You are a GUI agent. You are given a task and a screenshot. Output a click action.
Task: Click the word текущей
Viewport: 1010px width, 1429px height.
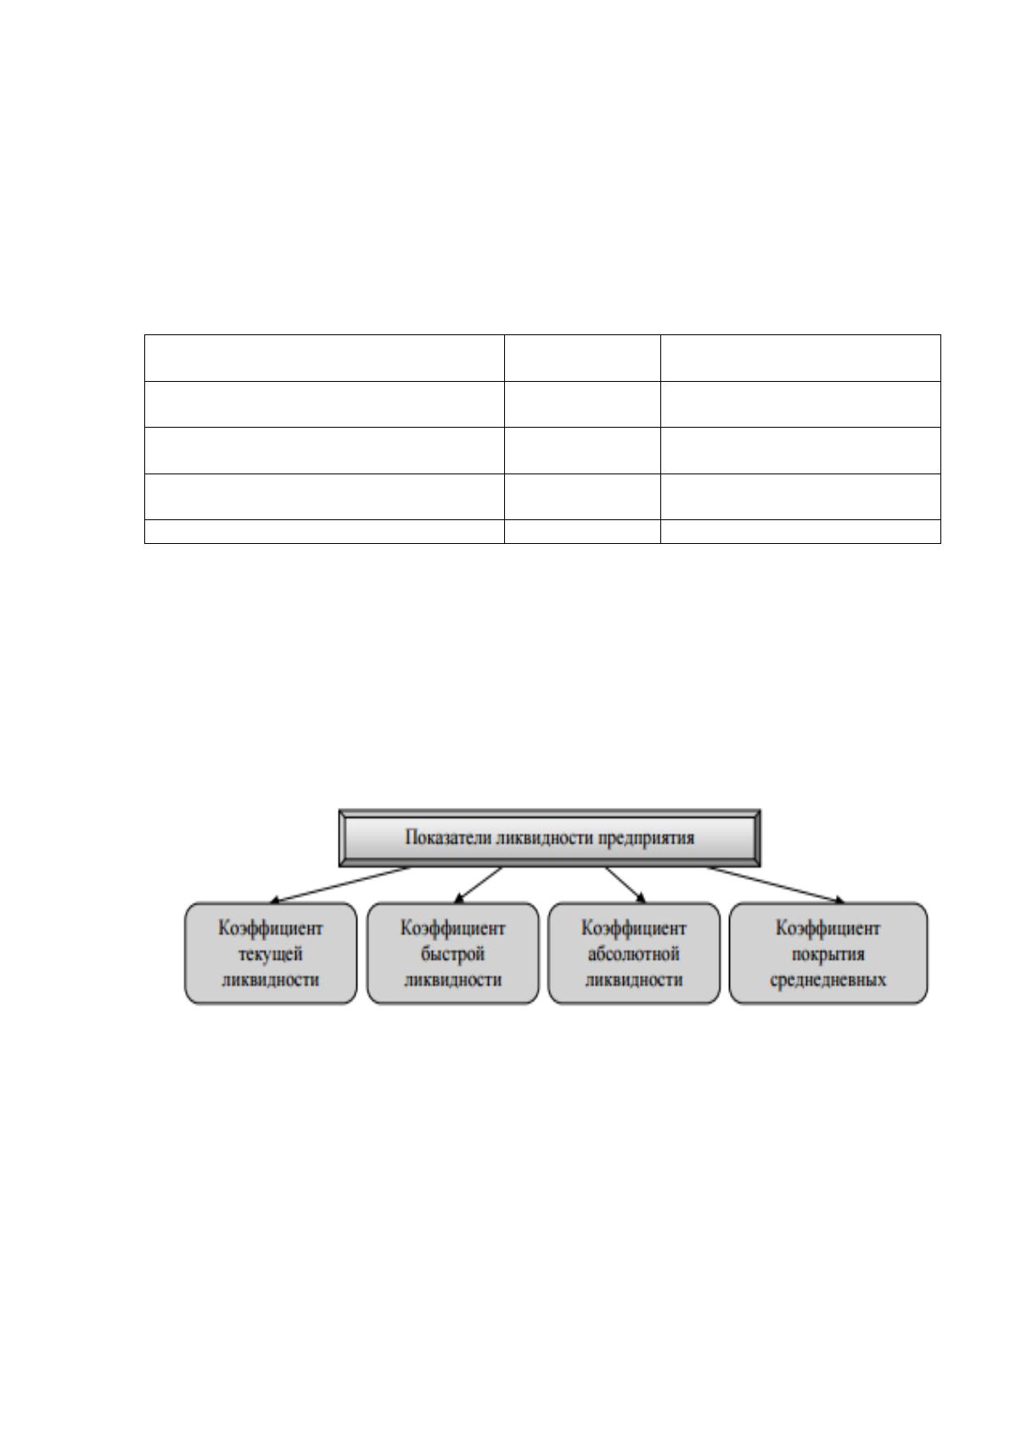click(271, 955)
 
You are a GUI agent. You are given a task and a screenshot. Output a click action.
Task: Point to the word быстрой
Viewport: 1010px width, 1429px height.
click(452, 955)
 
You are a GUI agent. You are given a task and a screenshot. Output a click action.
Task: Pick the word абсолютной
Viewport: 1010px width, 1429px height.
click(633, 955)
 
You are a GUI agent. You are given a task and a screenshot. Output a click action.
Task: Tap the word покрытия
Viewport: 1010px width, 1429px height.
click(828, 955)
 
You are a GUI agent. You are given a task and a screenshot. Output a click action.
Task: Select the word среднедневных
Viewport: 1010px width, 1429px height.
click(828, 980)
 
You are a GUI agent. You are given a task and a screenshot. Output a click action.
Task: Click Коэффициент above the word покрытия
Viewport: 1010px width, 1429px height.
click(828, 928)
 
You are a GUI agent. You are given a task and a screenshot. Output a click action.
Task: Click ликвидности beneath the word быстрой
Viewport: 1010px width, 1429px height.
click(452, 980)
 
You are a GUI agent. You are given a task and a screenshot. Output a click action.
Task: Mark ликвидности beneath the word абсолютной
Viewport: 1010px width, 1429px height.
click(633, 980)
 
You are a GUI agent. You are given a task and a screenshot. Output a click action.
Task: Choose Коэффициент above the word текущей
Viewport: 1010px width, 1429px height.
click(271, 928)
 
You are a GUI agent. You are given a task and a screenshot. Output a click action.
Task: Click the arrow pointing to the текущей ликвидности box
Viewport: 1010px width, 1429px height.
click(340, 885)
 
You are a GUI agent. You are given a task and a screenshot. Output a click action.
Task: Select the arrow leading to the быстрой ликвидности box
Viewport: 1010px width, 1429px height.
click(478, 885)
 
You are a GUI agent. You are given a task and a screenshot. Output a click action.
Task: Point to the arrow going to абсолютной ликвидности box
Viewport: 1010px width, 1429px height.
click(626, 885)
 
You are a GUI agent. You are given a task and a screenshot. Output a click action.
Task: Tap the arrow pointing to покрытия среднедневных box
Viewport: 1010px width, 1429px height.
click(775, 885)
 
